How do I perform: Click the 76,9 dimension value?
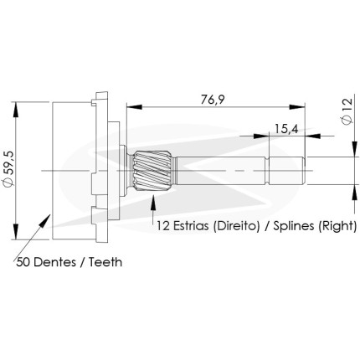click(213, 100)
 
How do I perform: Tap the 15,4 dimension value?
click(286, 129)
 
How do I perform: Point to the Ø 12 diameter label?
click(347, 111)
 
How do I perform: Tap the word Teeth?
click(105, 262)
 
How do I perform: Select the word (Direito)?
click(236, 226)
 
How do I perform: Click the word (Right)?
click(337, 226)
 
